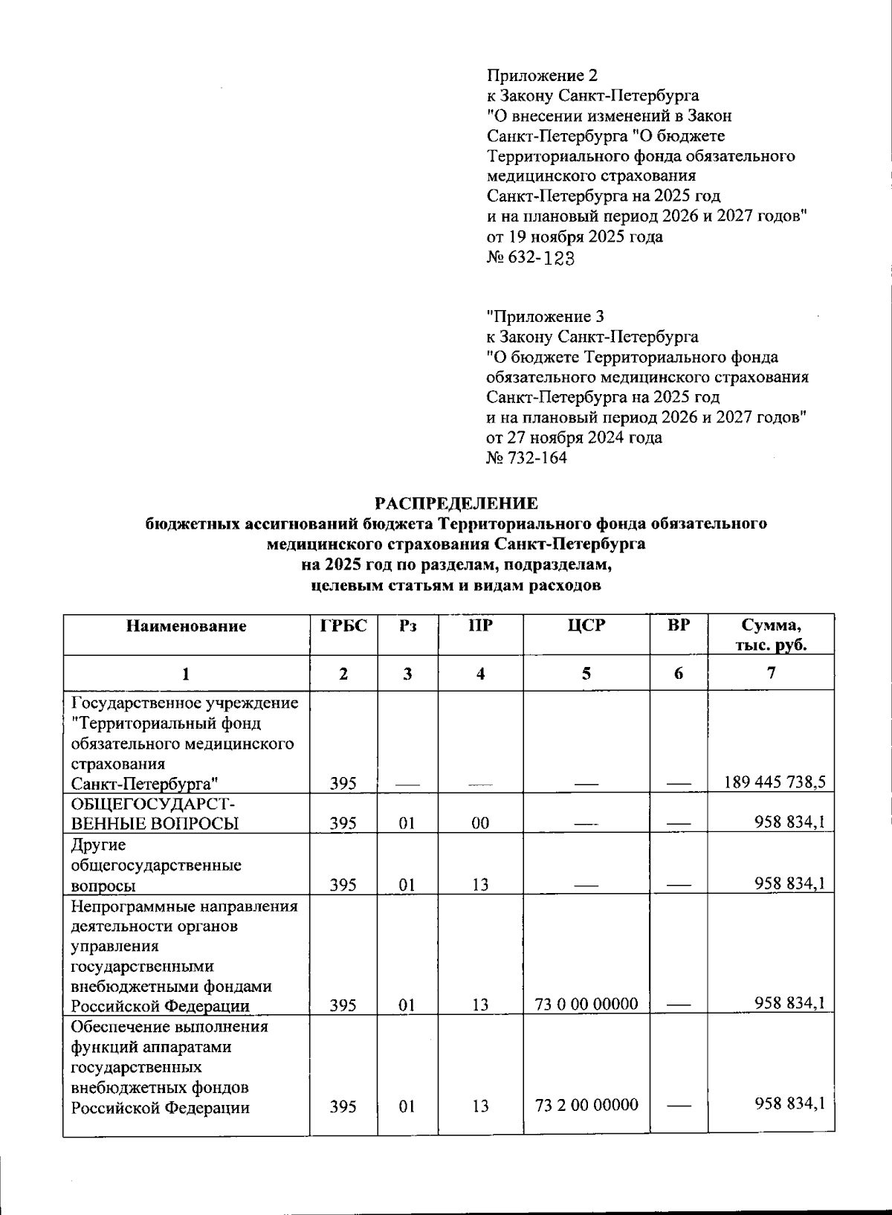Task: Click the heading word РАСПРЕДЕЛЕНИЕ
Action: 456,503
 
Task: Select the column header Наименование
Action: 186,626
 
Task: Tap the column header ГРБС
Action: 343,626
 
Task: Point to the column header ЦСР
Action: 586,626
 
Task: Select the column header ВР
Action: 678,626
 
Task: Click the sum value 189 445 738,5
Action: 774,782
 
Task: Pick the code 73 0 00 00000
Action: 586,1005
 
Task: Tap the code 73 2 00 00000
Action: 586,1105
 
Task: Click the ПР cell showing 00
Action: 480,823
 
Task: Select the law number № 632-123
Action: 531,257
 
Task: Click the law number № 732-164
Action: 526,458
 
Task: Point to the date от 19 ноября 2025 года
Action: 575,237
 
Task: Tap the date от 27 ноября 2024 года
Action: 574,438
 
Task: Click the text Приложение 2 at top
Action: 542,75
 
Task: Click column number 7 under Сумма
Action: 771,673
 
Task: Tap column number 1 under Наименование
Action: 186,674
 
